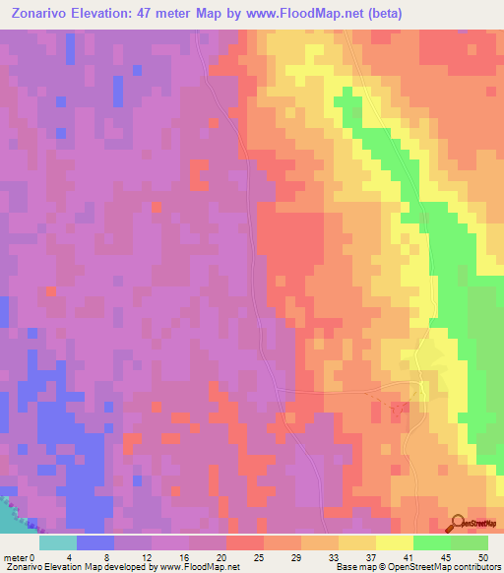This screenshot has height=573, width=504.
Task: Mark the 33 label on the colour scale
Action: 332,557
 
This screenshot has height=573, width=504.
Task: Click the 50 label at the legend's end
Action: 481,557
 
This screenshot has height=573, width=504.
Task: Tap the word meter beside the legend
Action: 16,557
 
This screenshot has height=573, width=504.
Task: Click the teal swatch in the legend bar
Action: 57,542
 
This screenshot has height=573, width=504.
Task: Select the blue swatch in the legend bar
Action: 94,542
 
